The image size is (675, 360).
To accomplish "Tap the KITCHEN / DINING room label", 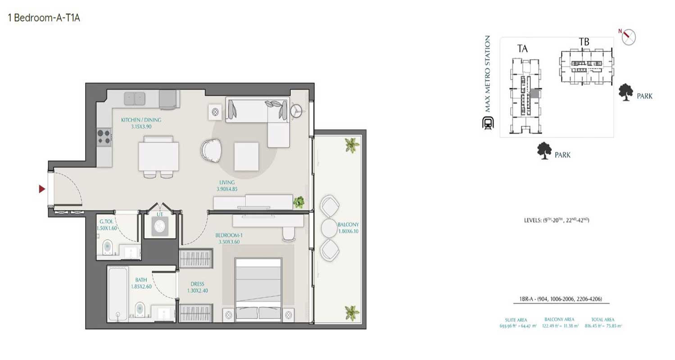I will tap(141, 123).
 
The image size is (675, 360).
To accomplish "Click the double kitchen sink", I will tap(134, 98).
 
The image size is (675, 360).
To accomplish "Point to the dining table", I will tap(159, 156).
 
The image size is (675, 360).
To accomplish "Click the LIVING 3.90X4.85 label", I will tap(227, 186).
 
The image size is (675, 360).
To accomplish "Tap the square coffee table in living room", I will tap(246, 156).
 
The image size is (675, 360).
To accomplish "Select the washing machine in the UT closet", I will tap(160, 227).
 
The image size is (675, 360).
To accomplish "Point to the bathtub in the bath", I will tap(118, 294).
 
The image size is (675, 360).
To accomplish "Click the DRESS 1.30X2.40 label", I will tap(197, 287).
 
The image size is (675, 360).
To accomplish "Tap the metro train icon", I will tap(488, 123).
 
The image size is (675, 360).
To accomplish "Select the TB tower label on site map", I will tap(584, 42).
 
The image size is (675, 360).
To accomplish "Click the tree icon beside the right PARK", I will tap(625, 93).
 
